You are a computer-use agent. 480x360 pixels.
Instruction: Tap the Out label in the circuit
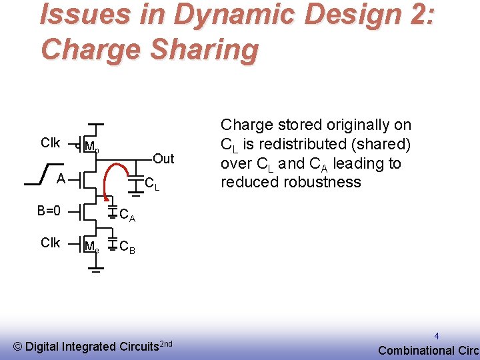point(163,159)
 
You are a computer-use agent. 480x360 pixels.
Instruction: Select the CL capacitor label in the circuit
point(152,183)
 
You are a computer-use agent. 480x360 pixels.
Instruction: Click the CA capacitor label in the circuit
point(127,215)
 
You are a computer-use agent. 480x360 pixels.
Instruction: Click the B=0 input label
point(49,211)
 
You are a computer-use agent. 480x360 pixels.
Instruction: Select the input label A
point(60,179)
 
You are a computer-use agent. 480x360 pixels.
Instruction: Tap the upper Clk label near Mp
point(51,143)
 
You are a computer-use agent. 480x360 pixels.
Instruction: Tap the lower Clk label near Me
point(51,243)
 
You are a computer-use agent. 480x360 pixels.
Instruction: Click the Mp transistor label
point(92,148)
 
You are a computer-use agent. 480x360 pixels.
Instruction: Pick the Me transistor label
point(92,247)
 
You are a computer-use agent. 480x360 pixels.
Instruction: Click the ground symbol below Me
point(96,271)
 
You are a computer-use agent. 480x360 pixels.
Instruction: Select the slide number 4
point(437,336)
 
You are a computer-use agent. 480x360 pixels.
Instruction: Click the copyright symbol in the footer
point(18,346)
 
